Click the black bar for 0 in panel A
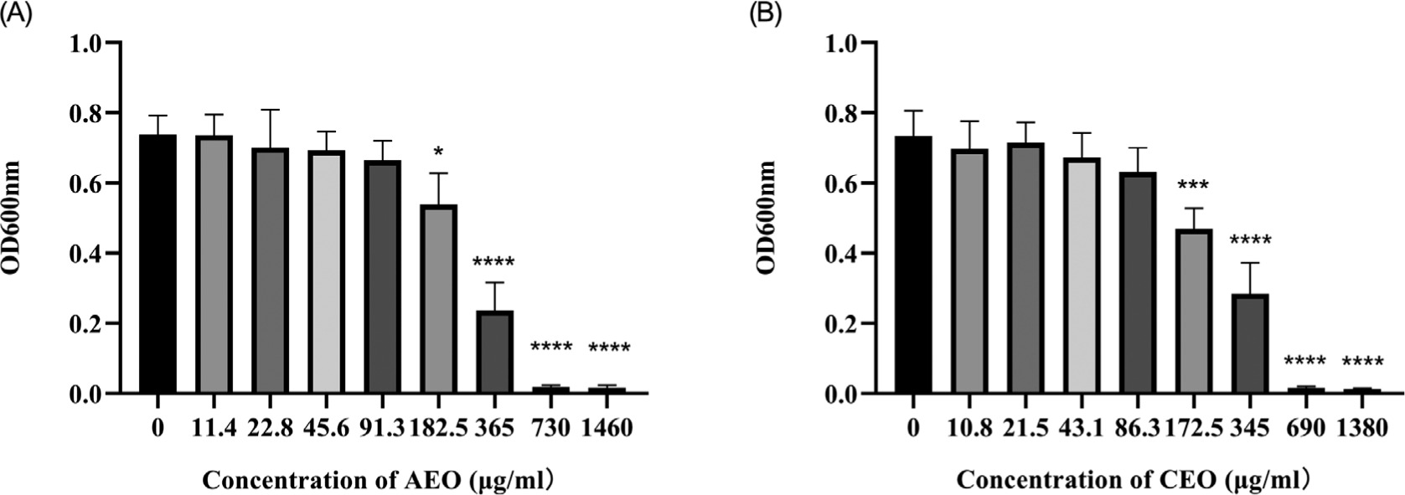click(158, 264)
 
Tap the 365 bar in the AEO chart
click(494, 352)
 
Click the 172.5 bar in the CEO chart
click(1194, 312)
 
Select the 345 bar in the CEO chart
click(1250, 343)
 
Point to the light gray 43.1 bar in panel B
click(1082, 276)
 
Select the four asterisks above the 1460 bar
click(609, 348)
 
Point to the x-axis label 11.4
click(214, 429)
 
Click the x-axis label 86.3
click(1138, 429)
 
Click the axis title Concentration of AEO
click(377, 482)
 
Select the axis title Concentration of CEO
click(1132, 482)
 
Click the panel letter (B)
click(765, 15)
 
